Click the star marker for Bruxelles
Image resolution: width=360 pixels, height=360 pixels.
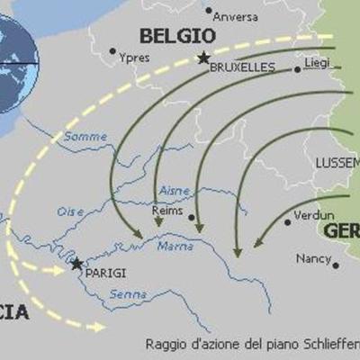pyautogui.click(x=203, y=58)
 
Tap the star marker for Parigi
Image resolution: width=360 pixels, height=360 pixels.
pyautogui.click(x=76, y=264)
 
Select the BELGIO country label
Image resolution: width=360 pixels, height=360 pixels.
pyautogui.click(x=177, y=36)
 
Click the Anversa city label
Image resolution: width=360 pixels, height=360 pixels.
pyautogui.click(x=237, y=16)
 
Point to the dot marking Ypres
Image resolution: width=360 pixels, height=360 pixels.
pyautogui.click(x=112, y=51)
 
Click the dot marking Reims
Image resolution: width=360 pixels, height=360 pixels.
pyautogui.click(x=192, y=217)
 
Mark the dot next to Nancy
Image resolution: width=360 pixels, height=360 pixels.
pyautogui.click(x=336, y=265)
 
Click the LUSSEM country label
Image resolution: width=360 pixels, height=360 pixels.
pyautogui.click(x=337, y=162)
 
